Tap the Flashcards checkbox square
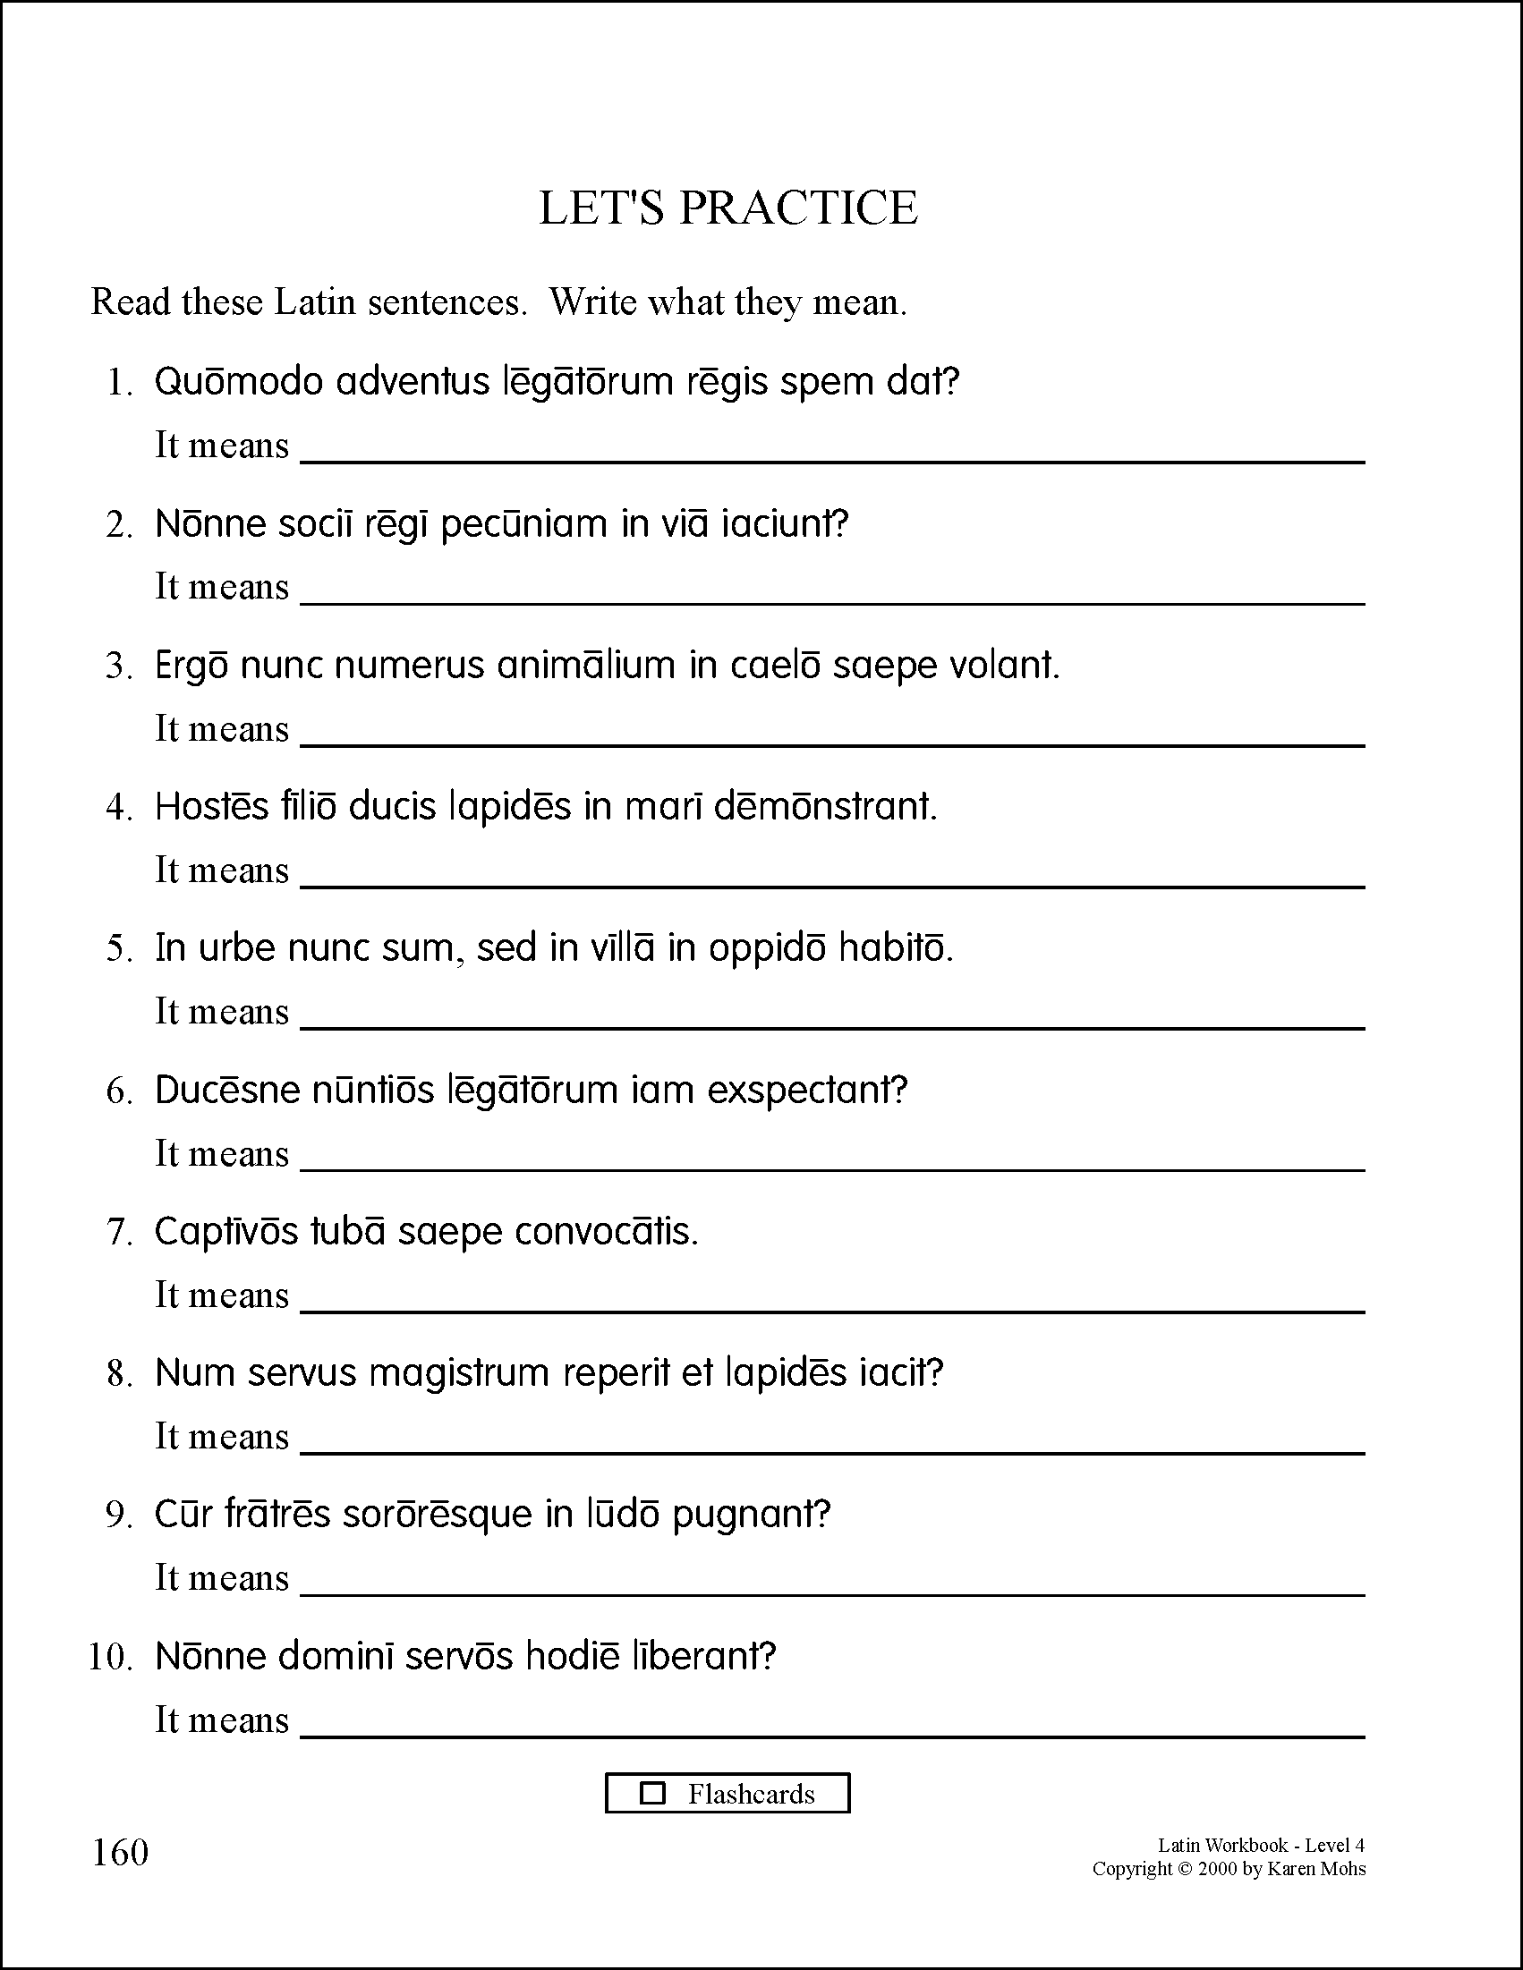point(651,1793)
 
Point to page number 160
point(120,1853)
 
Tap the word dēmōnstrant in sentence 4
point(826,806)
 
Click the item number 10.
point(110,1658)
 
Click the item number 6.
point(119,1091)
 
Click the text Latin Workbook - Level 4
point(1261,1846)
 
